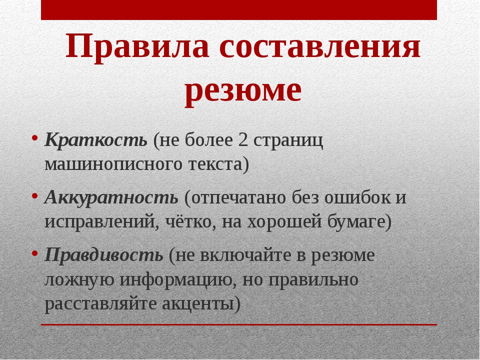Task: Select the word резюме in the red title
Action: coord(243,91)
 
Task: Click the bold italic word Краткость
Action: coord(96,140)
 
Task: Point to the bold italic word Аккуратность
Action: coord(111,197)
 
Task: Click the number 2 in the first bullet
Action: coord(243,140)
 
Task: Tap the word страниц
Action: coord(288,141)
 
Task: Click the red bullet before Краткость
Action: coord(34,138)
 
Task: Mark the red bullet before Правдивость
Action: coord(34,253)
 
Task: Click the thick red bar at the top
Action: coord(239,10)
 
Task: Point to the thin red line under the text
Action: coord(239,324)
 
